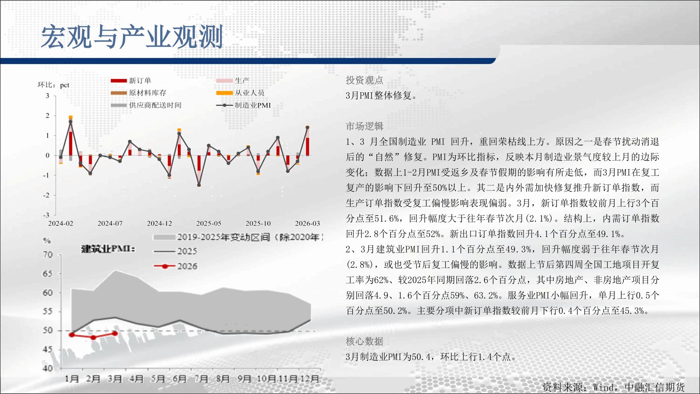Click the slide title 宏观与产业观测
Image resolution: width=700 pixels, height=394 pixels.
tap(132, 37)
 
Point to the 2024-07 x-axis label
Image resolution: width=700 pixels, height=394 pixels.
tap(110, 223)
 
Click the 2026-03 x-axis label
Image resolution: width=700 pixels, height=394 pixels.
tap(307, 223)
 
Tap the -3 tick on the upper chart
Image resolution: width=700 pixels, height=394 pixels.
tap(46, 215)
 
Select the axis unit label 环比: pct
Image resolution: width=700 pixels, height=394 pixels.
tap(53, 85)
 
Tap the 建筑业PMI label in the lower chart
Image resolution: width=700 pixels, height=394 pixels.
tap(108, 249)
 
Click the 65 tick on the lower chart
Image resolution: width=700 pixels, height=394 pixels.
tap(48, 274)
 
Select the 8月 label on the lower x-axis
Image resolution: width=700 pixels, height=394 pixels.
tap(223, 379)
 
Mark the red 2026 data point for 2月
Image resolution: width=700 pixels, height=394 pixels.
tap(93, 337)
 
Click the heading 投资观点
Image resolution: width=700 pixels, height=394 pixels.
tap(364, 80)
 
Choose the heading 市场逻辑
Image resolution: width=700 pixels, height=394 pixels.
tap(364, 126)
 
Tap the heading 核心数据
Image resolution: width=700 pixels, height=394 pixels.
tap(364, 341)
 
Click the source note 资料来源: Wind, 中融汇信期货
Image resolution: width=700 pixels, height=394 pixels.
tap(614, 387)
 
